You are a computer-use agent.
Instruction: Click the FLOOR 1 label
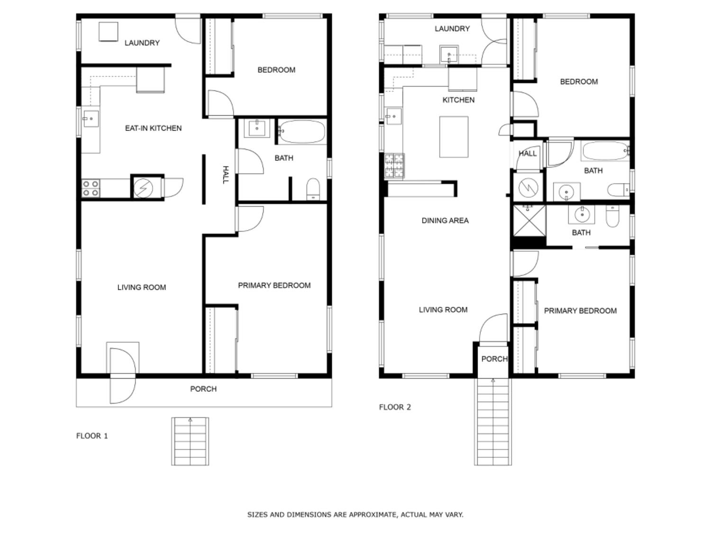(x=92, y=436)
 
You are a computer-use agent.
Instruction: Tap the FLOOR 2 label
(x=395, y=407)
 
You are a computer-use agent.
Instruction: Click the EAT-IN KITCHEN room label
(x=153, y=128)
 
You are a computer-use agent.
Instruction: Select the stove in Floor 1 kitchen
(x=91, y=188)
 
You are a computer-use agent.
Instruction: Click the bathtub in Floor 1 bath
(x=301, y=131)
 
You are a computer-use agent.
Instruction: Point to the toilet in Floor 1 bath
(x=313, y=189)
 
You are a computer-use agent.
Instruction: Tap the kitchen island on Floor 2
(x=454, y=137)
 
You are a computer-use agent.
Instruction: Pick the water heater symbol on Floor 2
(x=528, y=188)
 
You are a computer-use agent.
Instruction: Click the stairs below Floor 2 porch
(x=493, y=422)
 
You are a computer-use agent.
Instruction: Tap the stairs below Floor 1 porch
(x=190, y=442)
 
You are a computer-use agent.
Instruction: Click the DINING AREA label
(x=445, y=220)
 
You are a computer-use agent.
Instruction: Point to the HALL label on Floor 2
(x=528, y=153)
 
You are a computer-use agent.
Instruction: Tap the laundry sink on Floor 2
(x=448, y=54)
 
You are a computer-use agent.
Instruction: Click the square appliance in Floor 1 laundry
(x=108, y=32)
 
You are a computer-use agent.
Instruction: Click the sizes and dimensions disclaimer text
(x=355, y=515)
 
